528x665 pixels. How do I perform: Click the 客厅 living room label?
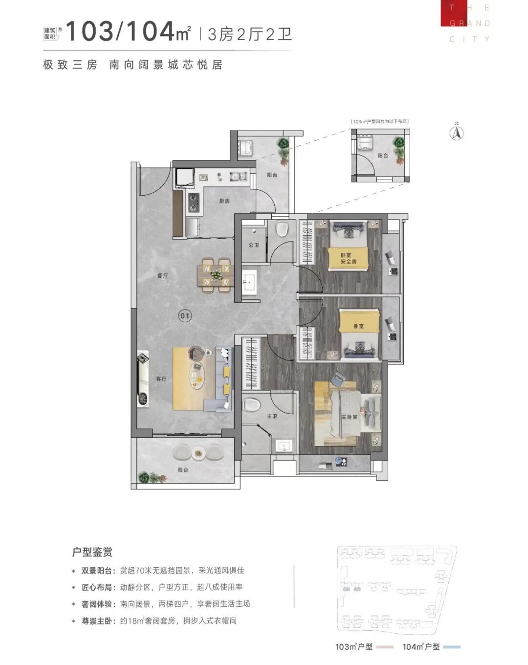click(161, 378)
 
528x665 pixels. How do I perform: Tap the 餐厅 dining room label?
click(162, 276)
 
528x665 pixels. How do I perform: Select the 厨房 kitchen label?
click(224, 201)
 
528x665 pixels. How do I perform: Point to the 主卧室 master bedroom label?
click(349, 417)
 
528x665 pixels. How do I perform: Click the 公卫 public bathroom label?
click(253, 245)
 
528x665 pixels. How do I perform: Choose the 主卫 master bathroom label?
click(272, 416)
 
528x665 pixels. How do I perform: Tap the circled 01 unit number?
click(184, 316)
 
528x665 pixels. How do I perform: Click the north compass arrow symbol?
click(457, 133)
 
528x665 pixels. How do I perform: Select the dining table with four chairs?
click(216, 275)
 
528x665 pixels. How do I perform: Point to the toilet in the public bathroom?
click(282, 229)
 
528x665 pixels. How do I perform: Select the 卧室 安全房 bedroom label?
click(348, 258)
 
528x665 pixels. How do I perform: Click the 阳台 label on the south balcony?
click(183, 470)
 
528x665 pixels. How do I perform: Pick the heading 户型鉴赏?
click(92, 552)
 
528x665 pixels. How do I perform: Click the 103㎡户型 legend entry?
click(354, 647)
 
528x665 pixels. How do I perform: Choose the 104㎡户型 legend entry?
click(421, 647)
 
